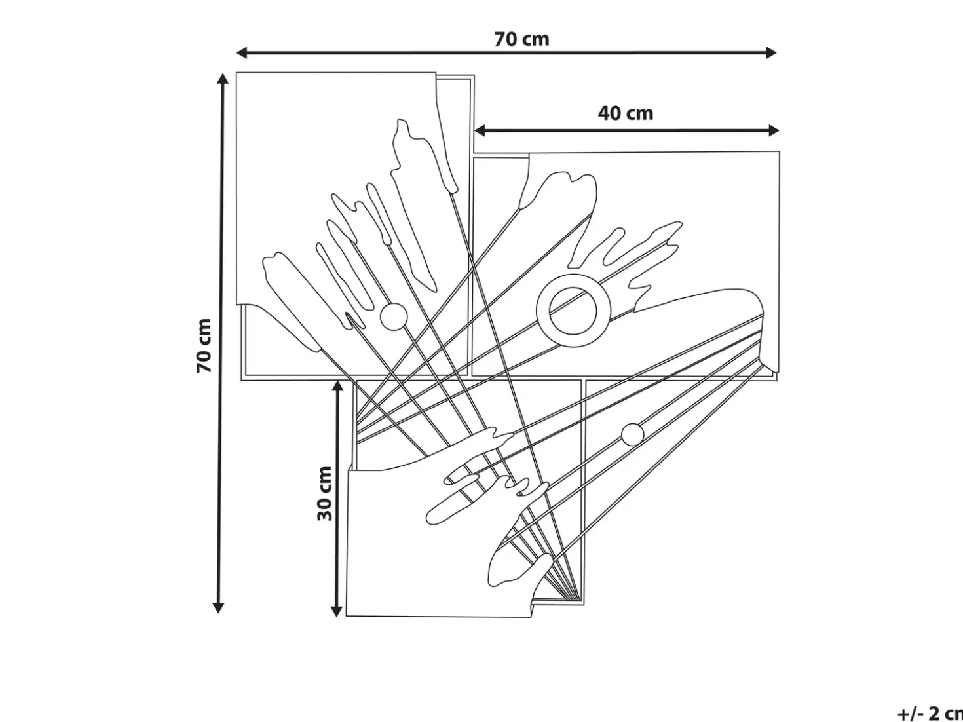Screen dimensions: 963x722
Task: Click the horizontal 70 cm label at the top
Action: [521, 39]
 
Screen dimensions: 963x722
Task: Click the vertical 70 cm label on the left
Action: [204, 346]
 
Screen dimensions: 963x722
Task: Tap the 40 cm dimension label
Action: [626, 113]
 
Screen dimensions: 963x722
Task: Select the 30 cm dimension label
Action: [325, 493]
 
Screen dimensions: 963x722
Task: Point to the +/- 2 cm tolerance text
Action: [930, 713]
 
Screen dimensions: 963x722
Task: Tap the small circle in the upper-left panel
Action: [394, 316]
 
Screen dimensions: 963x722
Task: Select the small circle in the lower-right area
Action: [633, 434]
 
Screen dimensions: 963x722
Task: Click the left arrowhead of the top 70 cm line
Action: [242, 53]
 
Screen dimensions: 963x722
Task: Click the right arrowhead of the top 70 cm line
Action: [771, 52]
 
